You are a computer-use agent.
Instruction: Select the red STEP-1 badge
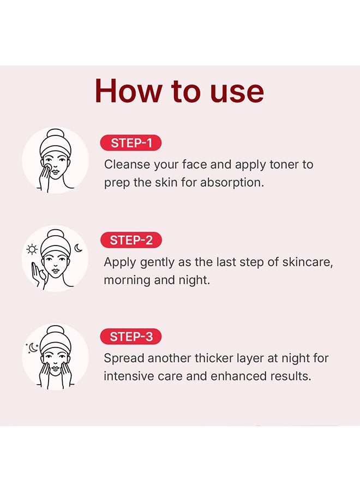pos(131,143)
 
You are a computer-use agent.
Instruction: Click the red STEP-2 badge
pos(131,240)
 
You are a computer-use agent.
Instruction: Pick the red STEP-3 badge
pos(131,337)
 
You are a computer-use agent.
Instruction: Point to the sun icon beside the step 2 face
pos(32,249)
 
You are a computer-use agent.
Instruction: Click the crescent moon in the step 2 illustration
pos(78,248)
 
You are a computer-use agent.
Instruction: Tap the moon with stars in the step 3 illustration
pos(33,348)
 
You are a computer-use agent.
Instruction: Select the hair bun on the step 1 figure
pos(56,134)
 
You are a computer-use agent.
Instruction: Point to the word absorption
pos(232,182)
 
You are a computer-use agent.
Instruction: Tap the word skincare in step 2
pos(308,262)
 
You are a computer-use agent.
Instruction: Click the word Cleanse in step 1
pos(127,164)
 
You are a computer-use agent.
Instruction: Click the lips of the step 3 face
pos(55,368)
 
